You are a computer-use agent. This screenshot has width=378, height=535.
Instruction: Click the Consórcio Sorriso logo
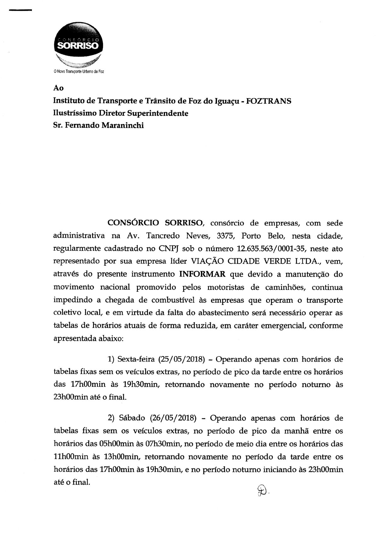(78, 44)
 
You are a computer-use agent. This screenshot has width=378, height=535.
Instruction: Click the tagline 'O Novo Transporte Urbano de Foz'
(79, 72)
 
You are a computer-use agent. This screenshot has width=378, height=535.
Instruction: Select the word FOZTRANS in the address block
(268, 101)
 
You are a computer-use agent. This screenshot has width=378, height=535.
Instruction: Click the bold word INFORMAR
(202, 274)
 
